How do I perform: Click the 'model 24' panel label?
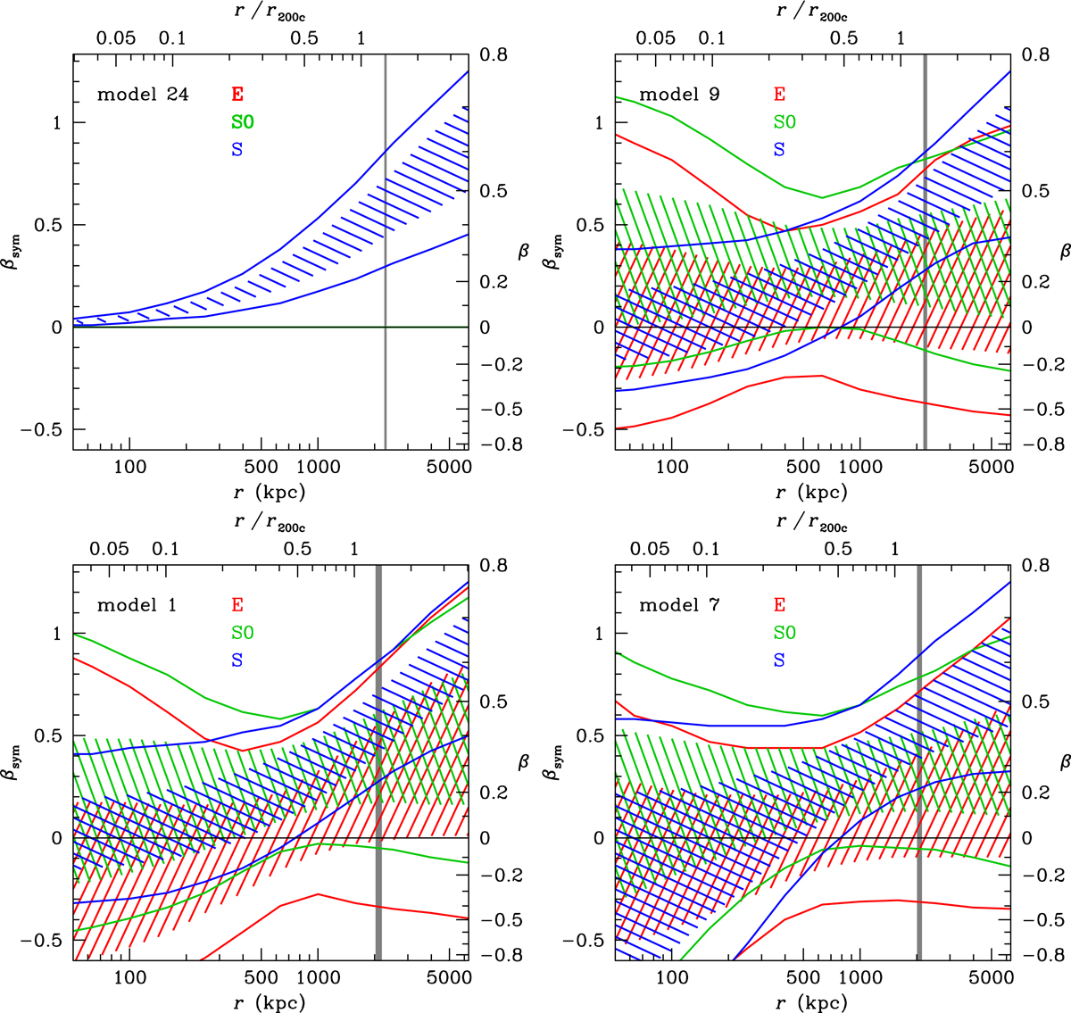pos(143,94)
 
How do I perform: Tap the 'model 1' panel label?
pos(137,605)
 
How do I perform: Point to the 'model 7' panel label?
pos(679,605)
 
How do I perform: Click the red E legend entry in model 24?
pos(237,94)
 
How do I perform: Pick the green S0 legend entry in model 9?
pos(785,121)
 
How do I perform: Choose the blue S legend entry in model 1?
pos(237,660)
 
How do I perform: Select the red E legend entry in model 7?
pos(780,605)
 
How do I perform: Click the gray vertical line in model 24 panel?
pos(385,268)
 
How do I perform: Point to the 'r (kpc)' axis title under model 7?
pos(811,1002)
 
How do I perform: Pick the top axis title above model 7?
pos(811,523)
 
